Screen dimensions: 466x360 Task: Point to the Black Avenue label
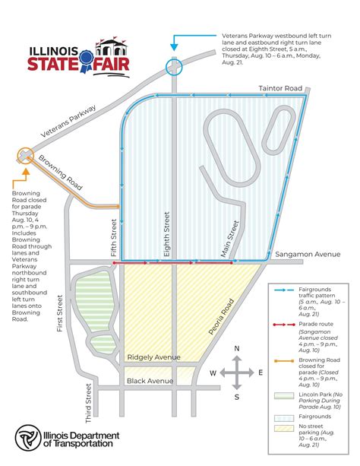pos(147,380)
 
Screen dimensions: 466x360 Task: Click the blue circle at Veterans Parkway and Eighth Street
pos(175,68)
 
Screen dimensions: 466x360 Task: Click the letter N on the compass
pos(237,349)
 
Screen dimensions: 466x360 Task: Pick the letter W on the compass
pos(213,373)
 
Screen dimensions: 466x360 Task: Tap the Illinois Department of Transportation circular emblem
pos(29,439)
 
